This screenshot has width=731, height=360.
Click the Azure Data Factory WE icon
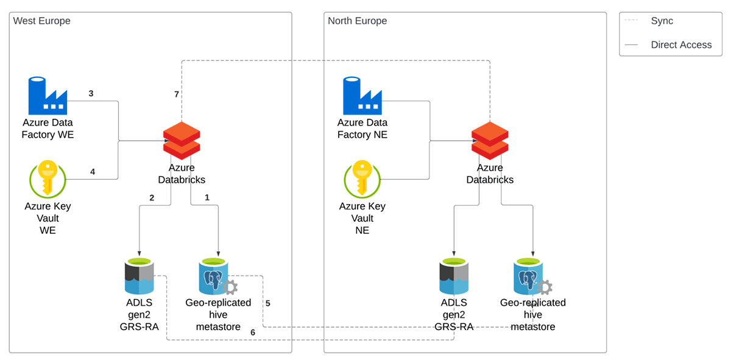tap(48, 96)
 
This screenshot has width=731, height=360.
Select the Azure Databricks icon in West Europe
tap(182, 140)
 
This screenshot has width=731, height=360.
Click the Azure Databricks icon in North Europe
tap(490, 140)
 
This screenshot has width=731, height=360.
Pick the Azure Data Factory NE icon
tap(362, 96)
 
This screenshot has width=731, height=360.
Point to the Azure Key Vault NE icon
tap(362, 179)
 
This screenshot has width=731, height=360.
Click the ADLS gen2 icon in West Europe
tap(139, 277)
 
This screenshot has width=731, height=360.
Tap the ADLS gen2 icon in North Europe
tap(454, 277)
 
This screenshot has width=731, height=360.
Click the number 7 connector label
tap(176, 94)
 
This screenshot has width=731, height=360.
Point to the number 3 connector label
tap(91, 93)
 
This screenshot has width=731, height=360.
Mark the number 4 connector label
tap(93, 172)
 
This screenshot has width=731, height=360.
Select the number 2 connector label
tap(151, 197)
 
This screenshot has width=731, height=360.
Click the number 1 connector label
tap(207, 197)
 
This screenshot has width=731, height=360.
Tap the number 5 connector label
tap(268, 303)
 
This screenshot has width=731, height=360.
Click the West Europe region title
tap(42, 21)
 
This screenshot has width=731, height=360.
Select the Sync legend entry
tap(662, 21)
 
